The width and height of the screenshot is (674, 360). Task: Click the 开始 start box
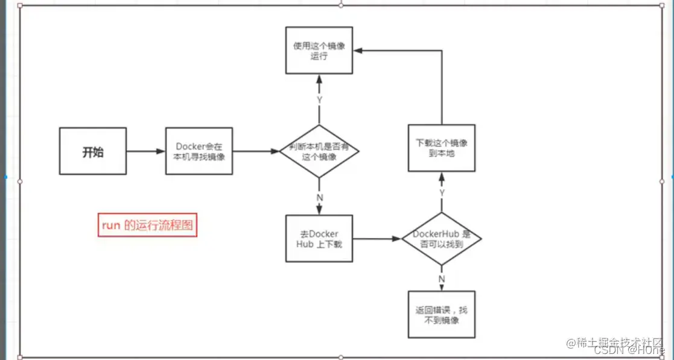[x=93, y=151]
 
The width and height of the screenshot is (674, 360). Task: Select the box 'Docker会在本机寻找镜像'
[x=200, y=151]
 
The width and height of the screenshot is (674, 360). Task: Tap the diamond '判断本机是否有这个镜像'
[x=319, y=151]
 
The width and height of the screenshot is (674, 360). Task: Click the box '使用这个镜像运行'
[x=319, y=50]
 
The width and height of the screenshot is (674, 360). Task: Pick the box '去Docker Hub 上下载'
[x=319, y=239]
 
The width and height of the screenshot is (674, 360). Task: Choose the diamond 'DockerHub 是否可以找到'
[x=441, y=239]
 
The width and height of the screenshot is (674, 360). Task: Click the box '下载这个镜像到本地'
[x=441, y=148]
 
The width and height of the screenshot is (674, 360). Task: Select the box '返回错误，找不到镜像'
[x=441, y=315]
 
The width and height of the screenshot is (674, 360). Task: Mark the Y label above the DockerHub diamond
[x=441, y=192]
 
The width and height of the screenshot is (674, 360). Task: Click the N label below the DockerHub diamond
[x=441, y=278]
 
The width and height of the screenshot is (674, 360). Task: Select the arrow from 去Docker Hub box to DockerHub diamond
[x=377, y=239]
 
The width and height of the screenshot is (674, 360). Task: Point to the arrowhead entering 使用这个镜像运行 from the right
[x=358, y=51]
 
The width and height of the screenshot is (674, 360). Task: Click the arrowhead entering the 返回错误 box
[x=441, y=288]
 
